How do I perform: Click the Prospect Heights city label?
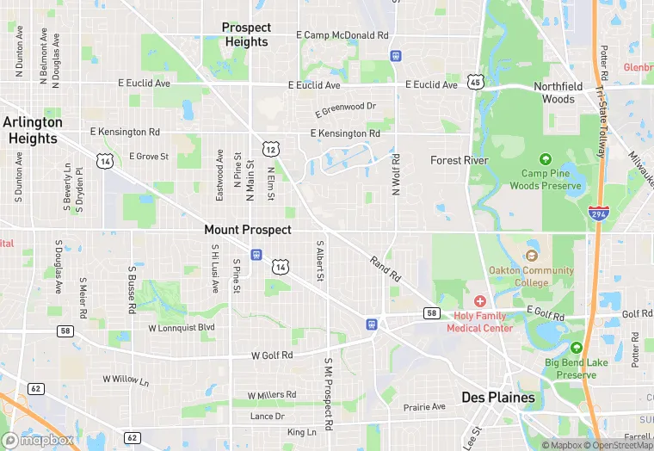click(x=246, y=34)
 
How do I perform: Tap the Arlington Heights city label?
click(x=32, y=130)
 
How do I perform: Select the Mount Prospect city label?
click(x=248, y=230)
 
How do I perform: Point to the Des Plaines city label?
click(x=498, y=397)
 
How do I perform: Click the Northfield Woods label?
click(x=558, y=93)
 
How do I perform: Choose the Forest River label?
click(x=460, y=160)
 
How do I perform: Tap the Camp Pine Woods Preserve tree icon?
click(x=545, y=159)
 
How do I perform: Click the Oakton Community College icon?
click(x=531, y=256)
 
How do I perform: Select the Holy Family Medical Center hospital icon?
click(x=479, y=301)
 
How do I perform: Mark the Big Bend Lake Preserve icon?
click(x=576, y=349)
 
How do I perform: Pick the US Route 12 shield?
click(x=270, y=149)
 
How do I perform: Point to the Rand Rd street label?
click(x=386, y=269)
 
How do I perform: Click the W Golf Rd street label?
click(x=272, y=355)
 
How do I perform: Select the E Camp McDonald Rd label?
click(x=342, y=35)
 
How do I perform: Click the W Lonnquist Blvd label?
click(x=181, y=328)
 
